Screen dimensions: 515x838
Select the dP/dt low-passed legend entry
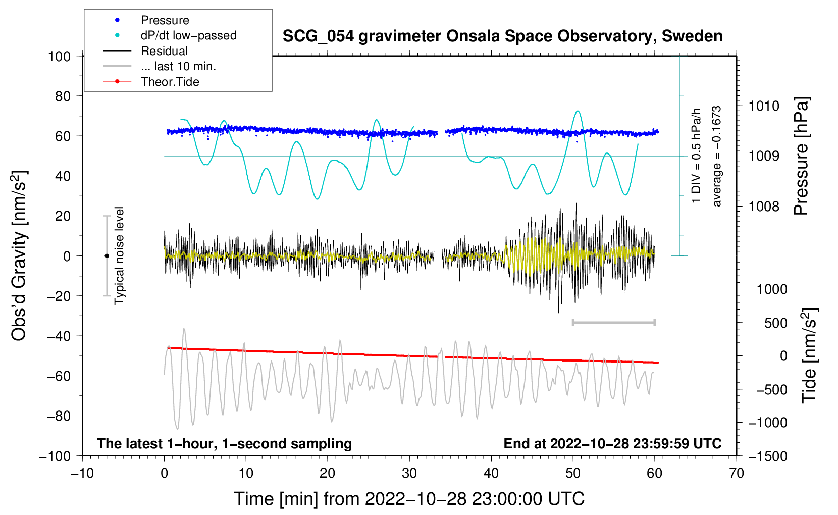tap(188, 35)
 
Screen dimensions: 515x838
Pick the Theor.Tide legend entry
tap(170, 82)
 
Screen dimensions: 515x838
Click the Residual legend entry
tap(164, 51)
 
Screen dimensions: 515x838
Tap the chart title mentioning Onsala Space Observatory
tap(502, 36)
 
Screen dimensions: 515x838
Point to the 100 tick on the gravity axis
tap(59, 56)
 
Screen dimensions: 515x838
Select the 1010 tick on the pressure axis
tap(764, 106)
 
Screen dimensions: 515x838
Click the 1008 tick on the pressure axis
tap(764, 206)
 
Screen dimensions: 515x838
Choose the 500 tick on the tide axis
tap(775, 323)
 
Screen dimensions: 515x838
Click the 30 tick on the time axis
tap(409, 473)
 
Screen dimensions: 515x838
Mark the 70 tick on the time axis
tap(737, 473)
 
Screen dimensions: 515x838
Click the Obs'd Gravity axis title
tap(19, 255)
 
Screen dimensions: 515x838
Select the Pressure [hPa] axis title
tap(801, 156)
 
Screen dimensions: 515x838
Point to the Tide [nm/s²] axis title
tap(809, 355)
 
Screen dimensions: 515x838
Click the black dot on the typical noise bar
tap(107, 256)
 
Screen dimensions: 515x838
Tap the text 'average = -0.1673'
tap(717, 156)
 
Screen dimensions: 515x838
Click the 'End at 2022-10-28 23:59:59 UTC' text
tap(612, 443)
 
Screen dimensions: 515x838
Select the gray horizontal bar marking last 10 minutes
tap(613, 322)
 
